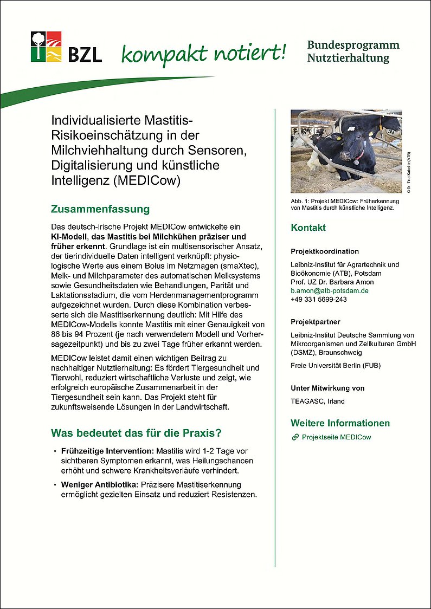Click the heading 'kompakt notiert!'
(x=203, y=53)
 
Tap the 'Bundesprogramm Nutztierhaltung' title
(x=353, y=51)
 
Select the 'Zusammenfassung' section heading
(x=100, y=209)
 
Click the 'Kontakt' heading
(x=308, y=228)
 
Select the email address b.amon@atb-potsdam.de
(x=329, y=290)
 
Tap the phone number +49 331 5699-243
(x=319, y=299)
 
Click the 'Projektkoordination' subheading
(x=325, y=251)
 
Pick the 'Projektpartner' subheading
(x=316, y=322)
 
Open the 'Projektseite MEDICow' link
(x=336, y=437)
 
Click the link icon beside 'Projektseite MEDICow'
(x=295, y=437)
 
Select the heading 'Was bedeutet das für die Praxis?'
(x=136, y=433)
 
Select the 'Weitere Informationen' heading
(x=340, y=423)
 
